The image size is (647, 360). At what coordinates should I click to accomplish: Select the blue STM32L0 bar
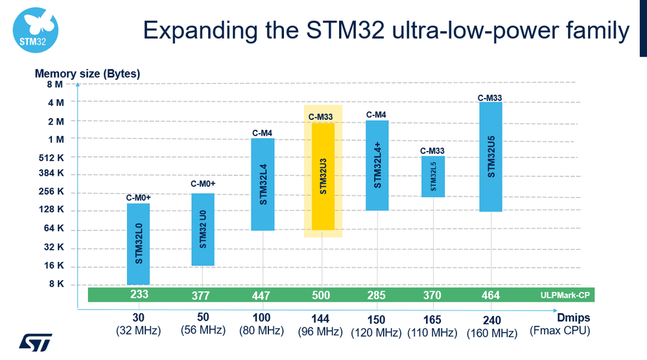[x=138, y=243]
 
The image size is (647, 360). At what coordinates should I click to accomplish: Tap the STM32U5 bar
[x=491, y=156]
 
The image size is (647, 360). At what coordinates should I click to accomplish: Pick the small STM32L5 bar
[x=432, y=176]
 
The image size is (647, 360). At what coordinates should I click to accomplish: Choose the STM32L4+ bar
[x=377, y=165]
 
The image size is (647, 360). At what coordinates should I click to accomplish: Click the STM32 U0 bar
[x=202, y=229]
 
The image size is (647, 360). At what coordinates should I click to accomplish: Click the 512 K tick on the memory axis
[x=52, y=158]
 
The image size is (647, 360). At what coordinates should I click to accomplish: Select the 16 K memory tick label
[x=54, y=265]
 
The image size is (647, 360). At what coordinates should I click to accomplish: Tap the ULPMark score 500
[x=321, y=295]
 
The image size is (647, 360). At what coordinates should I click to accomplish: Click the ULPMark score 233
[x=139, y=294]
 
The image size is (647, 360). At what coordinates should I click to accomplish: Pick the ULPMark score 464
[x=491, y=295]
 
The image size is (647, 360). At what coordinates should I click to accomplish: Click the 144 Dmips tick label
[x=321, y=319]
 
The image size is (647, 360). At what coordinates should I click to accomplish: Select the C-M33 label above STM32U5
[x=490, y=98]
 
